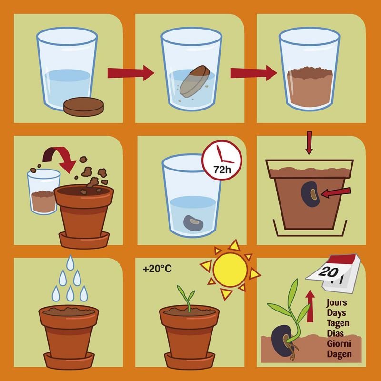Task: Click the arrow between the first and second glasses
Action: coord(130,73)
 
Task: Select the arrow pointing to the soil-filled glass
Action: coord(254,73)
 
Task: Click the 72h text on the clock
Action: coord(222,170)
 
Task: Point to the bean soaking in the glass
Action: coord(193,222)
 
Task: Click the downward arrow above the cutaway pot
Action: coord(309,143)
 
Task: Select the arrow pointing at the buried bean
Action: coord(336,192)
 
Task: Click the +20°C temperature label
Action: coord(158,269)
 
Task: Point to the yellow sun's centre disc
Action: coord(230,270)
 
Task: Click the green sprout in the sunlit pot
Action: coord(188,299)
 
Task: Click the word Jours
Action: coord(337,303)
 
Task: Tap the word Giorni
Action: coord(339,343)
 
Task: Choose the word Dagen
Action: coord(339,354)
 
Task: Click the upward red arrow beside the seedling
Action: coord(311,306)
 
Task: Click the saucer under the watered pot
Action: coord(69,361)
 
